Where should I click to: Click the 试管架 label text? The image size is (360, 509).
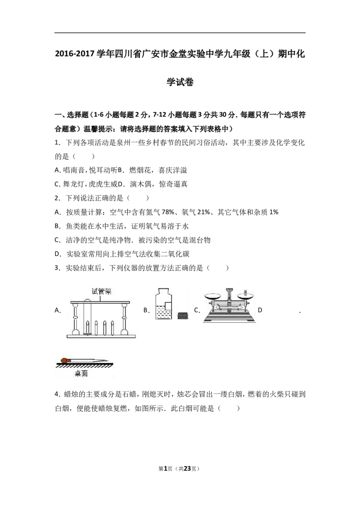(x=101, y=291)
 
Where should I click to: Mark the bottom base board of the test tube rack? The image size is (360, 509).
(x=102, y=336)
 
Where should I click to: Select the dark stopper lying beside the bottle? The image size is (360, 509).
(x=182, y=316)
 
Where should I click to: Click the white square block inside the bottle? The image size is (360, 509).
(x=168, y=306)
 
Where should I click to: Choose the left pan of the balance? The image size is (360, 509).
(x=213, y=296)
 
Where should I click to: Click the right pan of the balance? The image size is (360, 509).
(x=245, y=296)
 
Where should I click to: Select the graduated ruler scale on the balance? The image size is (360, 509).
(x=229, y=309)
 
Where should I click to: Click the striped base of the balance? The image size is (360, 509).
(x=229, y=319)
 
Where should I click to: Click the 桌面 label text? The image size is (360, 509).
(x=81, y=373)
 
